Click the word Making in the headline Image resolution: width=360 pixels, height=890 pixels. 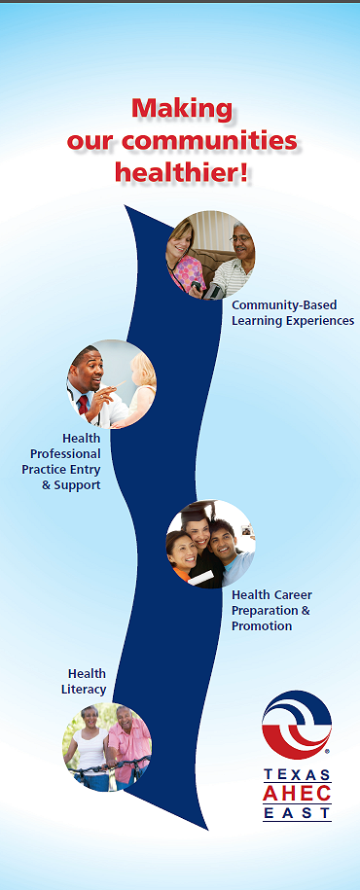[x=182, y=108]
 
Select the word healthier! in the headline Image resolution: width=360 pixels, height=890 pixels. [x=182, y=171]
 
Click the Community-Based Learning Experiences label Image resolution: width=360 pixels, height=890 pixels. [x=293, y=313]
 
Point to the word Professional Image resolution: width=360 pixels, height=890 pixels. [x=65, y=454]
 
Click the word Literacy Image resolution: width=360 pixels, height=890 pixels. [x=84, y=690]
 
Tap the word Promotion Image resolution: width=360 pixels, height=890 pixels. [x=262, y=626]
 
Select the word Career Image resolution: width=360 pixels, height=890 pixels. [x=293, y=595]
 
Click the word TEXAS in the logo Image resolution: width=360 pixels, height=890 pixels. [x=297, y=775]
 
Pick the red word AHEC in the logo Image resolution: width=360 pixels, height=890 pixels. [x=297, y=793]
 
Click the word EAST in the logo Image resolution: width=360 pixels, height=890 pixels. [x=297, y=813]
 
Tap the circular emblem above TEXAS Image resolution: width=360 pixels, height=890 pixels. [x=297, y=725]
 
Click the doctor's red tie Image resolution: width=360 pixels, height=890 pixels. [x=84, y=405]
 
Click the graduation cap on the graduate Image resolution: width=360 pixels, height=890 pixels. [x=198, y=508]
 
